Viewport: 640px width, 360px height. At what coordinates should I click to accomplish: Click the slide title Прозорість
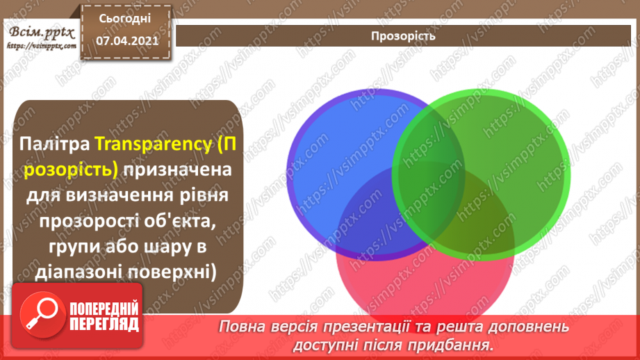(x=404, y=35)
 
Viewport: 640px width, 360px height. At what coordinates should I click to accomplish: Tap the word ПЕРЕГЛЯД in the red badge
(x=104, y=324)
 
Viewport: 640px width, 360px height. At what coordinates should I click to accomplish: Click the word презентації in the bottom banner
(x=362, y=326)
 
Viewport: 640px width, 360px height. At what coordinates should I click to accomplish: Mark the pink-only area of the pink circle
(x=424, y=278)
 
